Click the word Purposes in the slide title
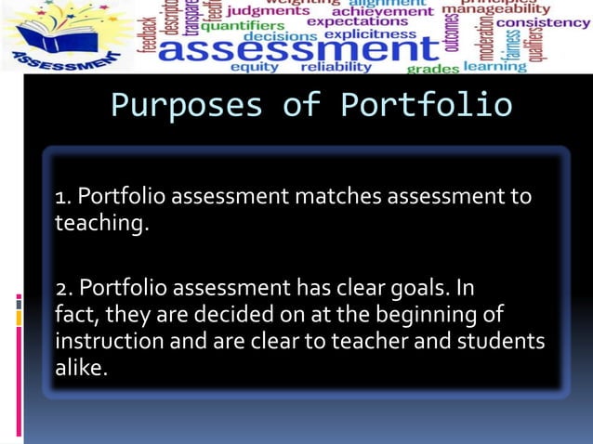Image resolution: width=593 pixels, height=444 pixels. tap(186, 105)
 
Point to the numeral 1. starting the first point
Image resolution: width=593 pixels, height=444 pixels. tap(63, 197)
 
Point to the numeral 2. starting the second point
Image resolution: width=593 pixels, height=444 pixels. tap(65, 285)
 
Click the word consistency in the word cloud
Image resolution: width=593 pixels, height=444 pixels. tap(544, 22)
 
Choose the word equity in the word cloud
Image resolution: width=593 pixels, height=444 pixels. tap(254, 68)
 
